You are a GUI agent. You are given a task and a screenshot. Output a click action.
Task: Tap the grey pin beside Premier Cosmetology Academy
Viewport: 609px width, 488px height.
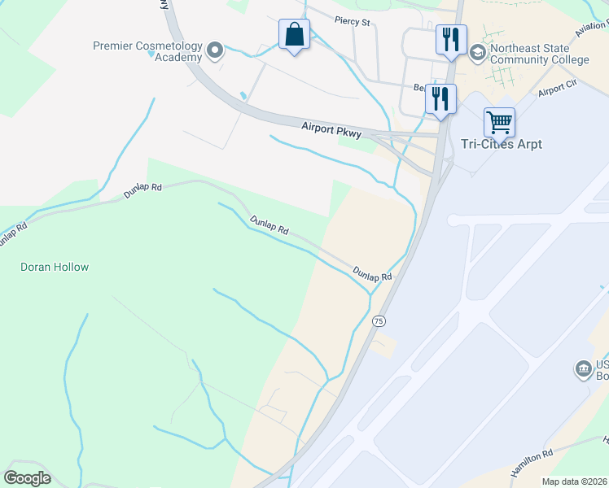(x=216, y=51)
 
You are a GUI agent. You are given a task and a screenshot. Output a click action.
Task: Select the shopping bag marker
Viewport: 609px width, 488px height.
(x=294, y=36)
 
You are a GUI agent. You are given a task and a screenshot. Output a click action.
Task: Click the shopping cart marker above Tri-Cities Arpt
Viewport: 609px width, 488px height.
(x=499, y=123)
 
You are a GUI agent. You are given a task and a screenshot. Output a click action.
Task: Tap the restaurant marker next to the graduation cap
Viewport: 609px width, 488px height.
(x=450, y=39)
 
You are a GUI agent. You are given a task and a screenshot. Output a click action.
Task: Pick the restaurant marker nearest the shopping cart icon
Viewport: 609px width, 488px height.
(x=440, y=99)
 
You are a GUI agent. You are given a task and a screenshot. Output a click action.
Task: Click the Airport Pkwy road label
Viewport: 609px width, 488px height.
(x=330, y=128)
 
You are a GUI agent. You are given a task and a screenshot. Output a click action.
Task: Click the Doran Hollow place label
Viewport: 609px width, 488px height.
(x=55, y=267)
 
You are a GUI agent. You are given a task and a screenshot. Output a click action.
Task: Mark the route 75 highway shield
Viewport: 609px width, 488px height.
(x=379, y=321)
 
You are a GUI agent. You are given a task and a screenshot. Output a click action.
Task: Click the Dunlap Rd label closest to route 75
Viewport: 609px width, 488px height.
(x=373, y=274)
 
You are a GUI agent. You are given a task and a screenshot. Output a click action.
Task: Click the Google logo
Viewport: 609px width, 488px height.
(x=27, y=478)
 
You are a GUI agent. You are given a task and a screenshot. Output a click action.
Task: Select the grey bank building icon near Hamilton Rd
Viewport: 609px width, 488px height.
(x=584, y=370)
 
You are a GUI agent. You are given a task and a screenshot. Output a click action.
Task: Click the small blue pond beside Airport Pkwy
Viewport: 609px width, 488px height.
(x=243, y=95)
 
